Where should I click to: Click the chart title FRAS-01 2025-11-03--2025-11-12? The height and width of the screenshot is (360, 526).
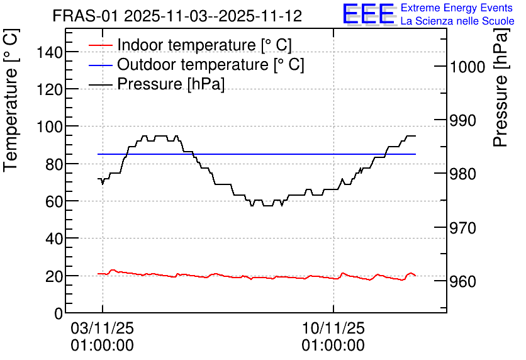pos(177,16)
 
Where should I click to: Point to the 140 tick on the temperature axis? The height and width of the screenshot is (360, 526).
pos(50,52)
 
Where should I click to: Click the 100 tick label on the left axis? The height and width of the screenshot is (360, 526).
pos(50,127)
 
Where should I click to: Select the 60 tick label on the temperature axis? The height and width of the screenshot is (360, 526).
pos(54,201)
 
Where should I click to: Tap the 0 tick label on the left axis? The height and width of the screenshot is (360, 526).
pos(59,313)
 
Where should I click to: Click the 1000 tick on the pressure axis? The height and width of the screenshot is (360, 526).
pos(467,67)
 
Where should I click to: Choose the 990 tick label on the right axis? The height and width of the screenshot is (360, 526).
pos(462,120)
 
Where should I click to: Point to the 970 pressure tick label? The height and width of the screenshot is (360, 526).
pos(462,228)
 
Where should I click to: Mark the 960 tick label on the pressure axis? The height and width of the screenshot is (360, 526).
pos(462,282)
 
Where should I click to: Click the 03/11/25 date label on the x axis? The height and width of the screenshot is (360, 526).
pos(103,328)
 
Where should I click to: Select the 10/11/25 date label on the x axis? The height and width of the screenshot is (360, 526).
pos(333,328)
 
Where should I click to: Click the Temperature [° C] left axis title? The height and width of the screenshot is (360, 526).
pos(11,101)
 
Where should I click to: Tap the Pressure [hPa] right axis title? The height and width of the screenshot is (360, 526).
pos(501,87)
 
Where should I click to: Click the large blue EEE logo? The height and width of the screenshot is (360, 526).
pos(368,14)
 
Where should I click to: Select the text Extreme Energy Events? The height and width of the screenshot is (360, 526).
pos(457,8)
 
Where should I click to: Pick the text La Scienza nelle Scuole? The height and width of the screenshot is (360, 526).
pos(457,21)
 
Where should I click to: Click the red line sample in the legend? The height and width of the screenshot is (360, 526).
pos(100,45)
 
